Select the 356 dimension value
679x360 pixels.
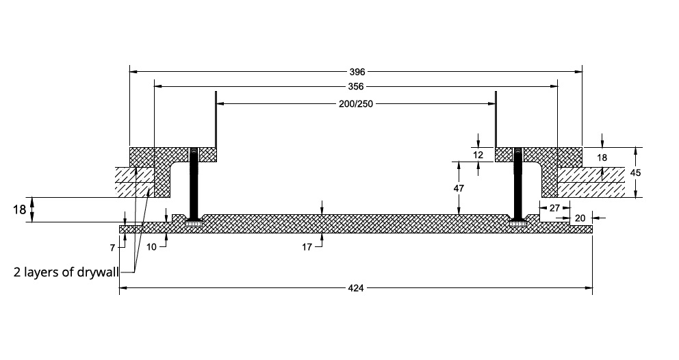[356, 87]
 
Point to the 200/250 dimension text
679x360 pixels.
[356, 104]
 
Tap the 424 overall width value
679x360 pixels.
[356, 289]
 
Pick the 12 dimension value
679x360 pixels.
[478, 155]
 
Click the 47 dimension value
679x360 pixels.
[459, 187]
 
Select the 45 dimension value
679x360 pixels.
[635, 173]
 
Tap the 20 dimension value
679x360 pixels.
[580, 218]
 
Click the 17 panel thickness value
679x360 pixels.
[307, 245]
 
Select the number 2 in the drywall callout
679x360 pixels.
[17, 271]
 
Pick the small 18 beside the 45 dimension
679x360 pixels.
[602, 157]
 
